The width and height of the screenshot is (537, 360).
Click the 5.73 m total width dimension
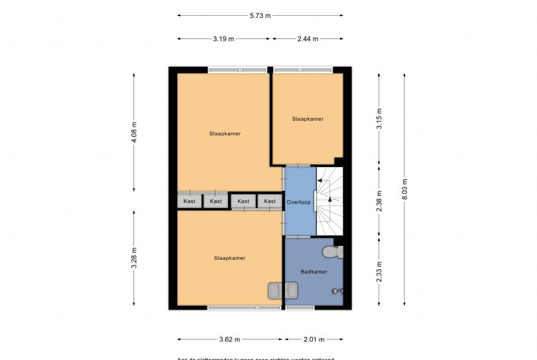[x=261, y=15]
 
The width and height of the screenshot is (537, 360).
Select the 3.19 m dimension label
[x=223, y=39]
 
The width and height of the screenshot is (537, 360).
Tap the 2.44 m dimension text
[x=308, y=39]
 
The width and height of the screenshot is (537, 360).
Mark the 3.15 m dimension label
[x=379, y=118]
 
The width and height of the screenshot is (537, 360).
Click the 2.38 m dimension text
[x=379, y=200]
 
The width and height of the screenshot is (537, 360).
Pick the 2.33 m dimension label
[x=379, y=270]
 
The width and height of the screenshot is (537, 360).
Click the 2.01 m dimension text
[x=314, y=339]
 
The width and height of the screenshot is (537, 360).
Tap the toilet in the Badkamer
[x=332, y=252]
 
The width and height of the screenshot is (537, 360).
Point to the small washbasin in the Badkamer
[x=337, y=290]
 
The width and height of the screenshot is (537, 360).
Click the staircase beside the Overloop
[x=331, y=201]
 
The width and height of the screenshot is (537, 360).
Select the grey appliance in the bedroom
[x=282, y=290]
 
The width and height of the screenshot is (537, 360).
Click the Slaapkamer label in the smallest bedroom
[x=308, y=119]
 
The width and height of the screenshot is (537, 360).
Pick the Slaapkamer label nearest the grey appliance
[x=229, y=258]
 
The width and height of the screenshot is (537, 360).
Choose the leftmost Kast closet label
[x=190, y=201]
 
